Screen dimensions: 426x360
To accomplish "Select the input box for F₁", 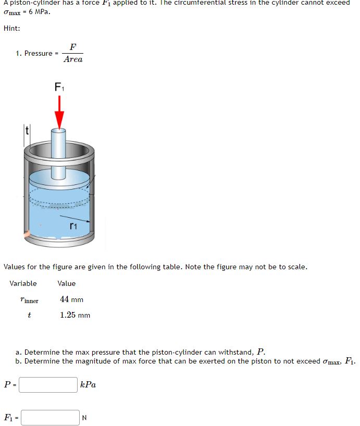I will [x=50, y=417].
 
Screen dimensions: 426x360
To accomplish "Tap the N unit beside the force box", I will [x=84, y=418].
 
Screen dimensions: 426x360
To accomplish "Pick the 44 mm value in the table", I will [x=71, y=299].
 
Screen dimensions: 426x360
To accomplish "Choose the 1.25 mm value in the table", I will [x=75, y=315].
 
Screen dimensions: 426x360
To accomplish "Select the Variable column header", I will [x=23, y=283].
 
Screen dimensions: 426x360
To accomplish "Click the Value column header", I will [x=67, y=283].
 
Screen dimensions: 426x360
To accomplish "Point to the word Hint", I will [x=11, y=29].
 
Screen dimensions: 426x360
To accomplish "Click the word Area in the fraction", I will [x=73, y=59].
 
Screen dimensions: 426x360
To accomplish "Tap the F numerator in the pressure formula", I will [x=73, y=47].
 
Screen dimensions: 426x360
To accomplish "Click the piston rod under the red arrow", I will [x=59, y=143].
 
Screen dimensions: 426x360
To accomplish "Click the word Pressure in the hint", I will [x=38, y=53].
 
